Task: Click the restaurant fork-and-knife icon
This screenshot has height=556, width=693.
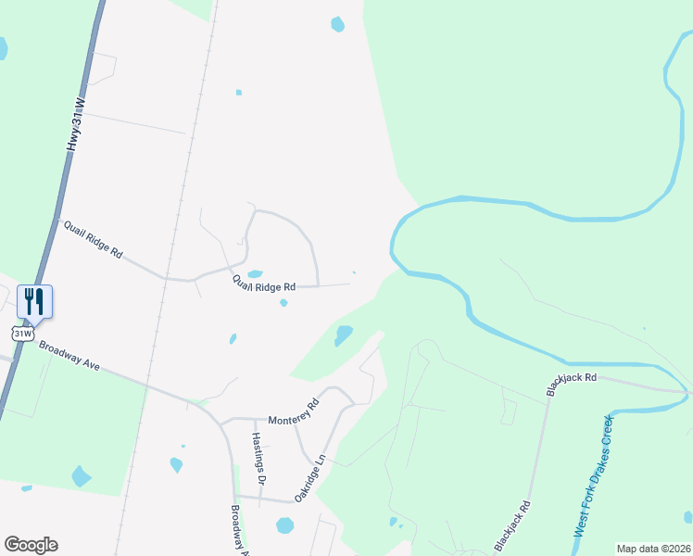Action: tap(34, 300)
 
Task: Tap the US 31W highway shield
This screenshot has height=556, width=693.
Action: tap(23, 331)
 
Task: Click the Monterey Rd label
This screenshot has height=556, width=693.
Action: tap(293, 411)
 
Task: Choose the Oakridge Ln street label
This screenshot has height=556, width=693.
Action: tap(310, 478)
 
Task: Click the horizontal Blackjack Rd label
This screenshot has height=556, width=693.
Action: tap(571, 378)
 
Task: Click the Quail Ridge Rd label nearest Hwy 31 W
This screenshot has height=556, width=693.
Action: tap(91, 237)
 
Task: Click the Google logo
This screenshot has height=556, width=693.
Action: tap(31, 545)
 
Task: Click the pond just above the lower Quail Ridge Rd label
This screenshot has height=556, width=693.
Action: tap(255, 273)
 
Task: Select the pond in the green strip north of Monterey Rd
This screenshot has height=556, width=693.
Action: tap(343, 335)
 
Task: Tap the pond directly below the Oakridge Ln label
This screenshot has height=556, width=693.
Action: tap(284, 525)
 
